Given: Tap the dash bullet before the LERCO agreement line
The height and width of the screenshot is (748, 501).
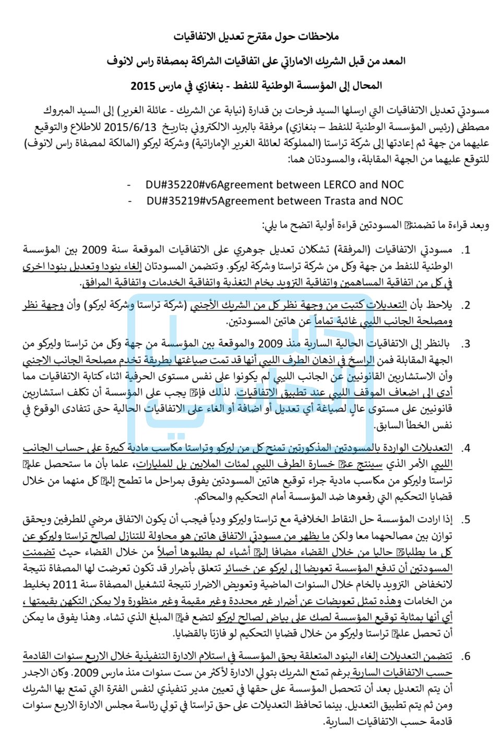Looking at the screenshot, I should [129, 185].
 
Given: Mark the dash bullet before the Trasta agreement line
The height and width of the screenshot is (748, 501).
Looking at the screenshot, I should [129, 201].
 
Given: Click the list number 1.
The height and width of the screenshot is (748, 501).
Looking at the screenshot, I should [466, 251].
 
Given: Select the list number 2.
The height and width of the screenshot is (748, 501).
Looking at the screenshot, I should [466, 306].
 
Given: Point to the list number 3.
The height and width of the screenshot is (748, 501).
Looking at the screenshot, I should [466, 344].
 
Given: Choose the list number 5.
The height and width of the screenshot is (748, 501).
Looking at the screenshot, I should [466, 520].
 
